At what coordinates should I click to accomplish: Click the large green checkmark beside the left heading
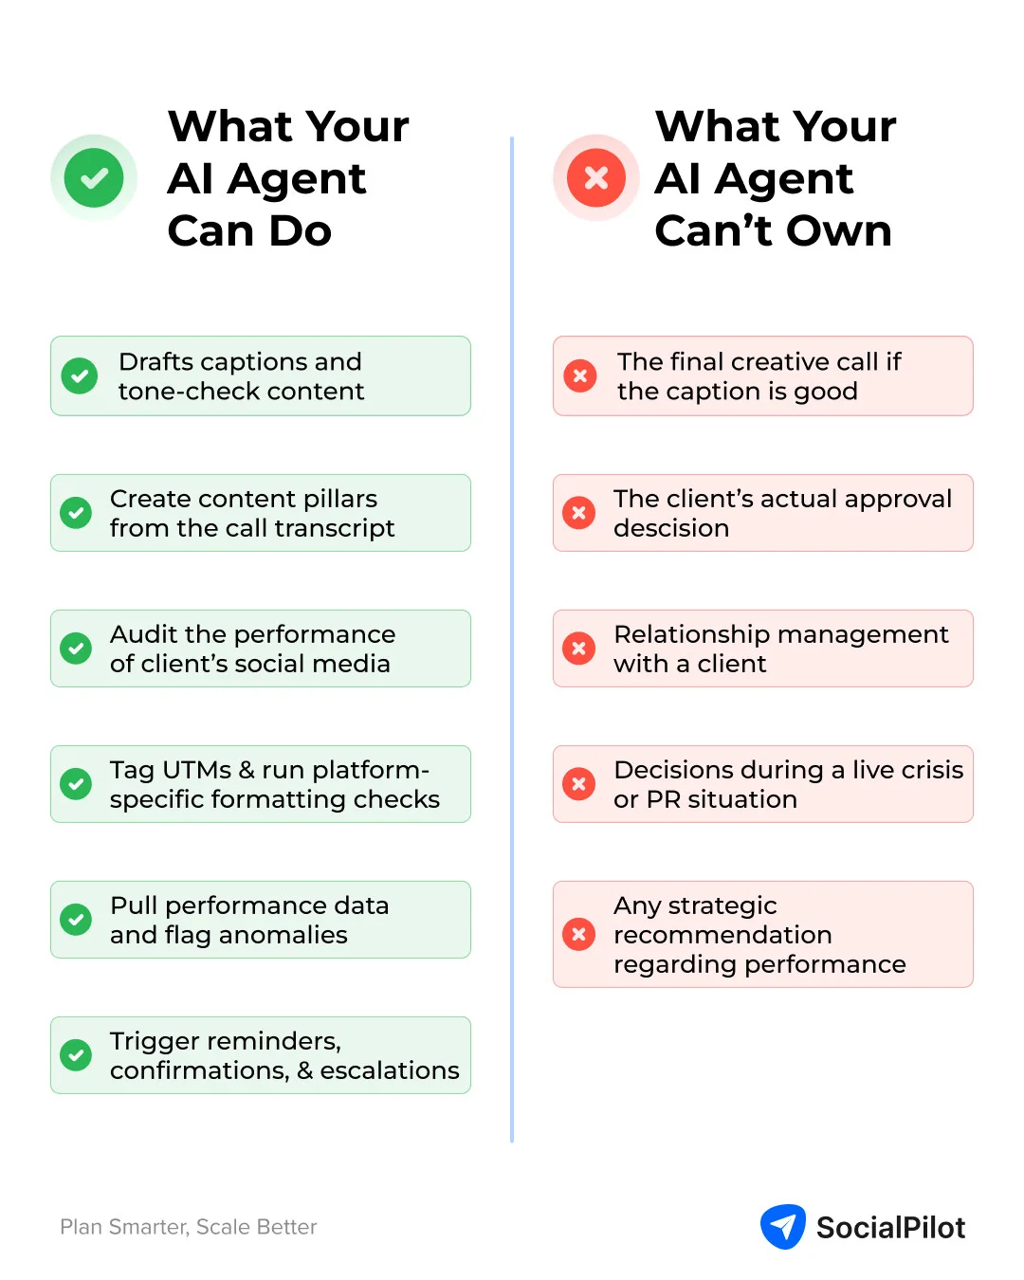click(x=94, y=177)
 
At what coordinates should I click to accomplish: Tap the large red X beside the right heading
click(x=595, y=177)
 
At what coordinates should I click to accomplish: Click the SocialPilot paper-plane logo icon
click(x=782, y=1227)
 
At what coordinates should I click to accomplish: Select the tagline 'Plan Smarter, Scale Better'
click(x=188, y=1227)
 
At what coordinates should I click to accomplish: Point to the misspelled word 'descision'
click(x=671, y=527)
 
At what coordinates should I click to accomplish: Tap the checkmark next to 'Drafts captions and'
click(x=79, y=375)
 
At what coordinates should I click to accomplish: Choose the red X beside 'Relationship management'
click(x=578, y=648)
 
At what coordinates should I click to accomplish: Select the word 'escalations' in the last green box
click(x=390, y=1070)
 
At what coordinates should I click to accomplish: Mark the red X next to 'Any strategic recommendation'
click(x=578, y=935)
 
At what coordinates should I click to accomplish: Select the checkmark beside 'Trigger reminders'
click(x=76, y=1054)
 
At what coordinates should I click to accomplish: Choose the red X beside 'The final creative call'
click(x=580, y=375)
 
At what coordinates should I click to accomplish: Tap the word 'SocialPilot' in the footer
click(x=890, y=1227)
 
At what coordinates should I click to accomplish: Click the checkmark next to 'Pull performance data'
click(x=76, y=919)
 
